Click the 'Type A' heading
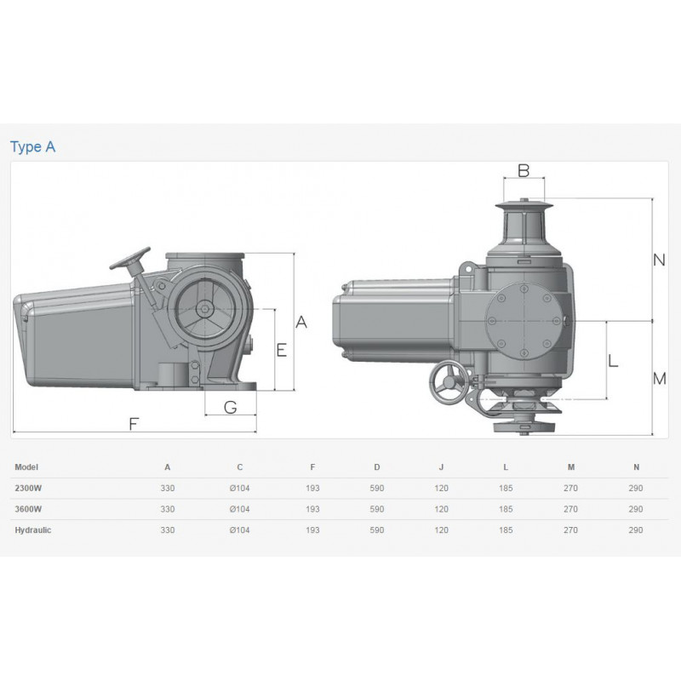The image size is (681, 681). (32, 146)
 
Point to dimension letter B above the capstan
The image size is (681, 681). (524, 171)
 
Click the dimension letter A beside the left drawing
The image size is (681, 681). (301, 323)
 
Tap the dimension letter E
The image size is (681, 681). (282, 350)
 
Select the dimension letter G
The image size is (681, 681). (230, 408)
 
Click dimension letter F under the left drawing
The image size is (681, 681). (134, 423)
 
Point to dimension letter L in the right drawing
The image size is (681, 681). (613, 360)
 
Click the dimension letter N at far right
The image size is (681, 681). (659, 260)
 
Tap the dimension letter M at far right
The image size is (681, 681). (659, 379)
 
